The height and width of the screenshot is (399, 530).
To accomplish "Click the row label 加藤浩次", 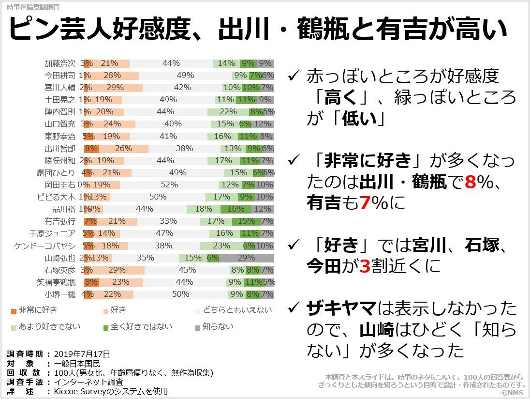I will point(60,63).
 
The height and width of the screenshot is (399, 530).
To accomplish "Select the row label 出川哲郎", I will point(60,148).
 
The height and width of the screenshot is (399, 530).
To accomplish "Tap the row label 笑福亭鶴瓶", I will point(57,282).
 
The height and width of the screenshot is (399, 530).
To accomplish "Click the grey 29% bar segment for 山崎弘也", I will point(247,258).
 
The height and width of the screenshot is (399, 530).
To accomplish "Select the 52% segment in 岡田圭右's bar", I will point(169,184).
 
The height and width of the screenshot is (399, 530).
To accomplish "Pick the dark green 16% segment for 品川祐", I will point(236,209).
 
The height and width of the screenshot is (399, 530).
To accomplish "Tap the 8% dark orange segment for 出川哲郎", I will point(91,148).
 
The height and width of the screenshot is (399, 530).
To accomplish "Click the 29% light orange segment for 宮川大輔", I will point(115,88).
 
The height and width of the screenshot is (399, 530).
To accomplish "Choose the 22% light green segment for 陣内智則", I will point(228,112).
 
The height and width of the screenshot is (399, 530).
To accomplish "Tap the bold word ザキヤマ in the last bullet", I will point(341,308).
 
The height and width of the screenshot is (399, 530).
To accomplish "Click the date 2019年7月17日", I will point(82,354).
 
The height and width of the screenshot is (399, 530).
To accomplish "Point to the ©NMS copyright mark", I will point(514,393).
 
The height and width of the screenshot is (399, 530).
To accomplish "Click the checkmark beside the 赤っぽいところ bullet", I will point(293,77).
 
